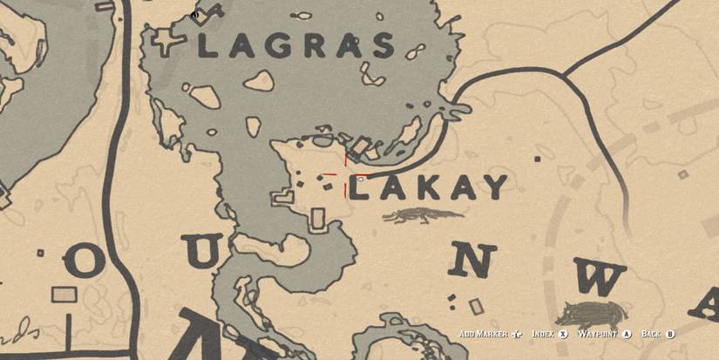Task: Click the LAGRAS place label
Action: click(296, 46)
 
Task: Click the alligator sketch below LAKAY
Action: click(423, 215)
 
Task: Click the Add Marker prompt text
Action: click(484, 334)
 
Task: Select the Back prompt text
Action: click(651, 334)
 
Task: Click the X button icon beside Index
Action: click(564, 334)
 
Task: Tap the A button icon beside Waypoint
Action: click(625, 334)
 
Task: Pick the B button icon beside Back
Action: click(669, 334)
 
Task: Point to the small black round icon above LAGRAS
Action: click(194, 15)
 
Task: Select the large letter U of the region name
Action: click(204, 253)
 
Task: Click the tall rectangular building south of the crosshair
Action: click(318, 220)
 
